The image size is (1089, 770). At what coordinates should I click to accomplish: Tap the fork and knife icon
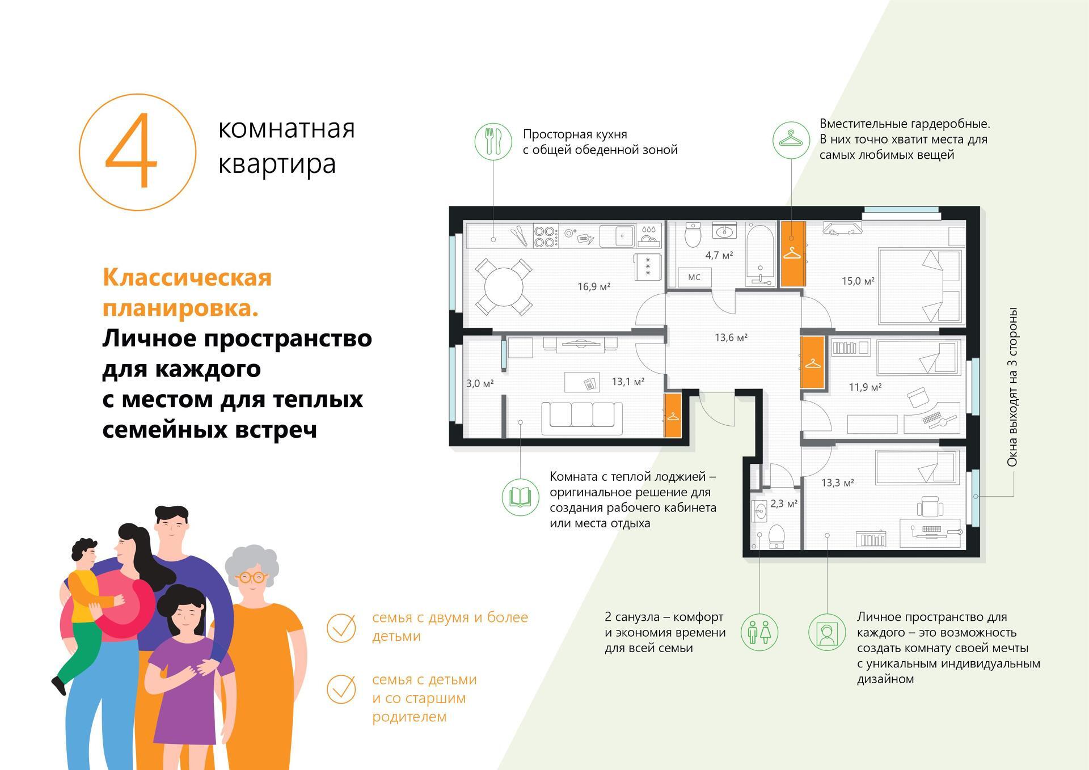[493, 141]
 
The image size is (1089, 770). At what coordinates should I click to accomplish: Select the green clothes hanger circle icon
[791, 139]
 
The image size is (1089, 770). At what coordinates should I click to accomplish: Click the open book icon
[520, 497]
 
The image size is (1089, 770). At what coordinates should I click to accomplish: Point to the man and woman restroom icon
[759, 632]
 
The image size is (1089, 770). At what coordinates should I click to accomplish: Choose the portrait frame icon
[826, 632]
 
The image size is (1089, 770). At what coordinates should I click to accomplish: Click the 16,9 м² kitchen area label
[594, 287]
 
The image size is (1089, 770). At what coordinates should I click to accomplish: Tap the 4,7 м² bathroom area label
[719, 255]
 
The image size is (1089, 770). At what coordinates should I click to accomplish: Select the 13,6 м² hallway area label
[731, 338]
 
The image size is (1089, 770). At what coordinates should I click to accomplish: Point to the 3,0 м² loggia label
[480, 384]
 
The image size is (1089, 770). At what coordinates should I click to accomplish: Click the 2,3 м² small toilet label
[784, 504]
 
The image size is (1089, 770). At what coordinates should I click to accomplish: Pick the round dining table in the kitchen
[504, 287]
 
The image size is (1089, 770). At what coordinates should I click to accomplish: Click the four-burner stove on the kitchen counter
[546, 236]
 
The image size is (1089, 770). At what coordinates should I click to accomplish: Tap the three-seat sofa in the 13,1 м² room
[582, 418]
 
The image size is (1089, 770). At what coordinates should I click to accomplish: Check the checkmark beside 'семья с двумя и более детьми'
[341, 628]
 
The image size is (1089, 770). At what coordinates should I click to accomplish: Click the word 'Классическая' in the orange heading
[187, 278]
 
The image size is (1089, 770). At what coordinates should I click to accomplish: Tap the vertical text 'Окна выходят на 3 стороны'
[1012, 387]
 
